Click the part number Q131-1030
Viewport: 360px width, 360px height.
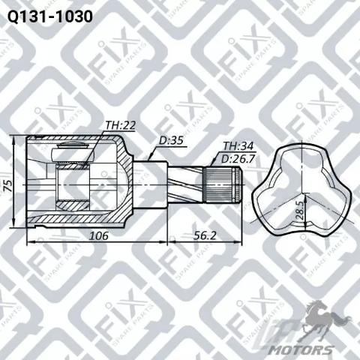pyautogui.click(x=50, y=16)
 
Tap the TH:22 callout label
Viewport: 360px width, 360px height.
pyautogui.click(x=120, y=125)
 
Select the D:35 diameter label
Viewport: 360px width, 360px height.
pyautogui.click(x=171, y=140)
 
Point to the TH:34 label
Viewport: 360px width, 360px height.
pyautogui.click(x=238, y=146)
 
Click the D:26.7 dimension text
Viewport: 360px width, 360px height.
pyautogui.click(x=238, y=159)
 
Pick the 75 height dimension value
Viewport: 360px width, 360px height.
pyautogui.click(x=9, y=185)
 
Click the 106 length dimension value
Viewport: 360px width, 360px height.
pyautogui.click(x=99, y=235)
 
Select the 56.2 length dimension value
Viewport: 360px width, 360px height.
pyautogui.click(x=205, y=235)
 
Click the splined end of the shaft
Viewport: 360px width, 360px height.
pyautogui.click(x=223, y=184)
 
